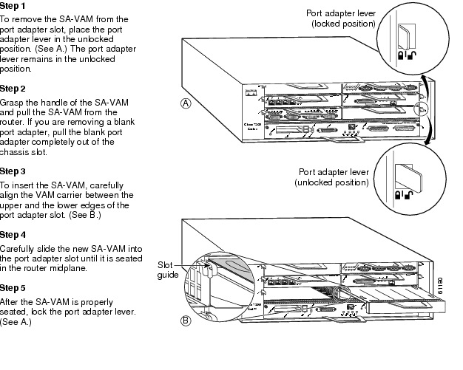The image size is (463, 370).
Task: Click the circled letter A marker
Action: tap(186, 103)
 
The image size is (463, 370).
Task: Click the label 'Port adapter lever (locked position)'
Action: tap(341, 18)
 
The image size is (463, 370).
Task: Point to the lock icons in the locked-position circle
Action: tap(405, 54)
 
